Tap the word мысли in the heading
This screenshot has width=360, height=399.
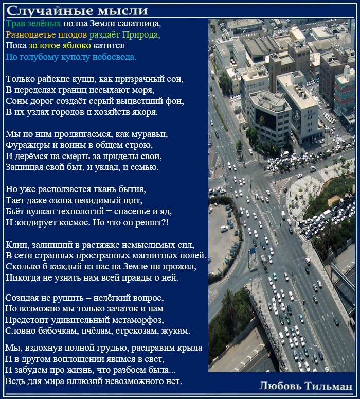(118, 11)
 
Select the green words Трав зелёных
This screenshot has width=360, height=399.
(33, 24)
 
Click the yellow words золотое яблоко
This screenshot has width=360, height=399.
(60, 46)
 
